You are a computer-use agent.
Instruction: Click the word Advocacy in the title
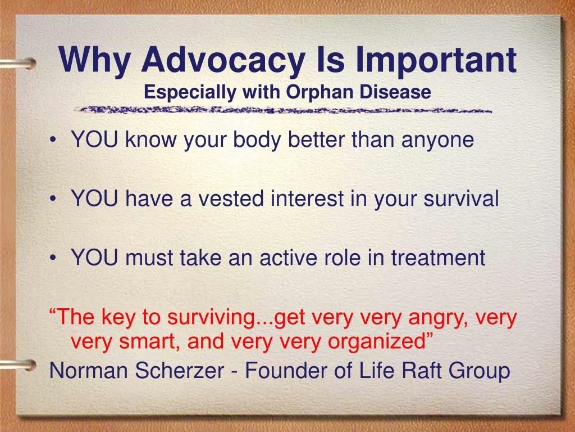point(223,60)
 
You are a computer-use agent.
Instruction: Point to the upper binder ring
point(19,64)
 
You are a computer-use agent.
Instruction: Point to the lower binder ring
point(19,365)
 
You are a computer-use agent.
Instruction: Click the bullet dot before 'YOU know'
point(53,140)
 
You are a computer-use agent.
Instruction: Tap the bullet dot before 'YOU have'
point(53,199)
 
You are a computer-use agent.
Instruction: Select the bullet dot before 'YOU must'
point(53,258)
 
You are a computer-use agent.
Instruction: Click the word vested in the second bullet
point(231,199)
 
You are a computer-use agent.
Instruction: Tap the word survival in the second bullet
point(461,199)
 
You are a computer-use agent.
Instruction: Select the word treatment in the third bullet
point(438,258)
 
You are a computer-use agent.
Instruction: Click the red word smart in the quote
point(149,341)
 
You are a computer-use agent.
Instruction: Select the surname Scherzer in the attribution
point(180,370)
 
